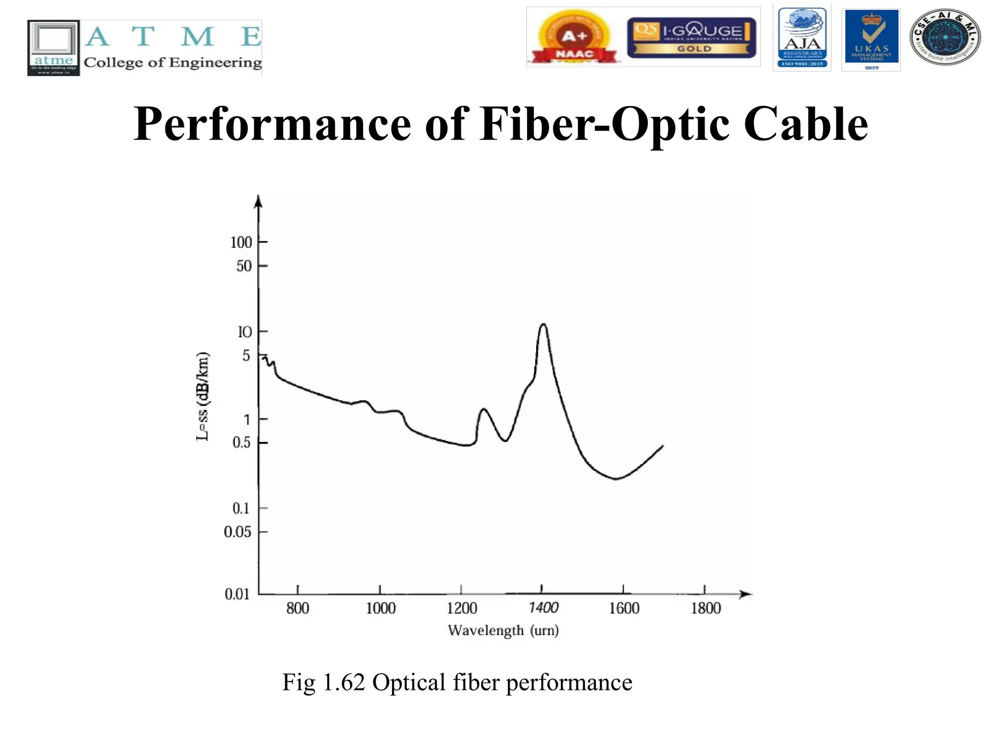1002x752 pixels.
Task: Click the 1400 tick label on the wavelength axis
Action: tap(544, 608)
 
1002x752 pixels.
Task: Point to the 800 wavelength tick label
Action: tap(297, 609)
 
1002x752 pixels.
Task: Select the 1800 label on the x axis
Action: tap(706, 609)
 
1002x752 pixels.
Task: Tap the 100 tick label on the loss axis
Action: tap(241, 242)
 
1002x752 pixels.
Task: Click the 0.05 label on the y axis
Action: tap(237, 532)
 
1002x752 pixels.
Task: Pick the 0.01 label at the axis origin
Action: tap(237, 594)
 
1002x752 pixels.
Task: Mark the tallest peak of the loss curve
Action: tap(543, 325)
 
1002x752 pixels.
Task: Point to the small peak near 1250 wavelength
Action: tap(483, 409)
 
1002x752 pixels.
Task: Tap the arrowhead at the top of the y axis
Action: tap(259, 200)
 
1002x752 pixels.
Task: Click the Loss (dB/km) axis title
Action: tap(203, 397)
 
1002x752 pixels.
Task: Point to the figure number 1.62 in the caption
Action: tap(343, 682)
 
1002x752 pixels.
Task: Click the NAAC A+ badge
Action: tap(574, 37)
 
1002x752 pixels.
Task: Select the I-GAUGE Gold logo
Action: tap(692, 37)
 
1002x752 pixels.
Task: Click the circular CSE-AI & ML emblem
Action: tap(945, 37)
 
